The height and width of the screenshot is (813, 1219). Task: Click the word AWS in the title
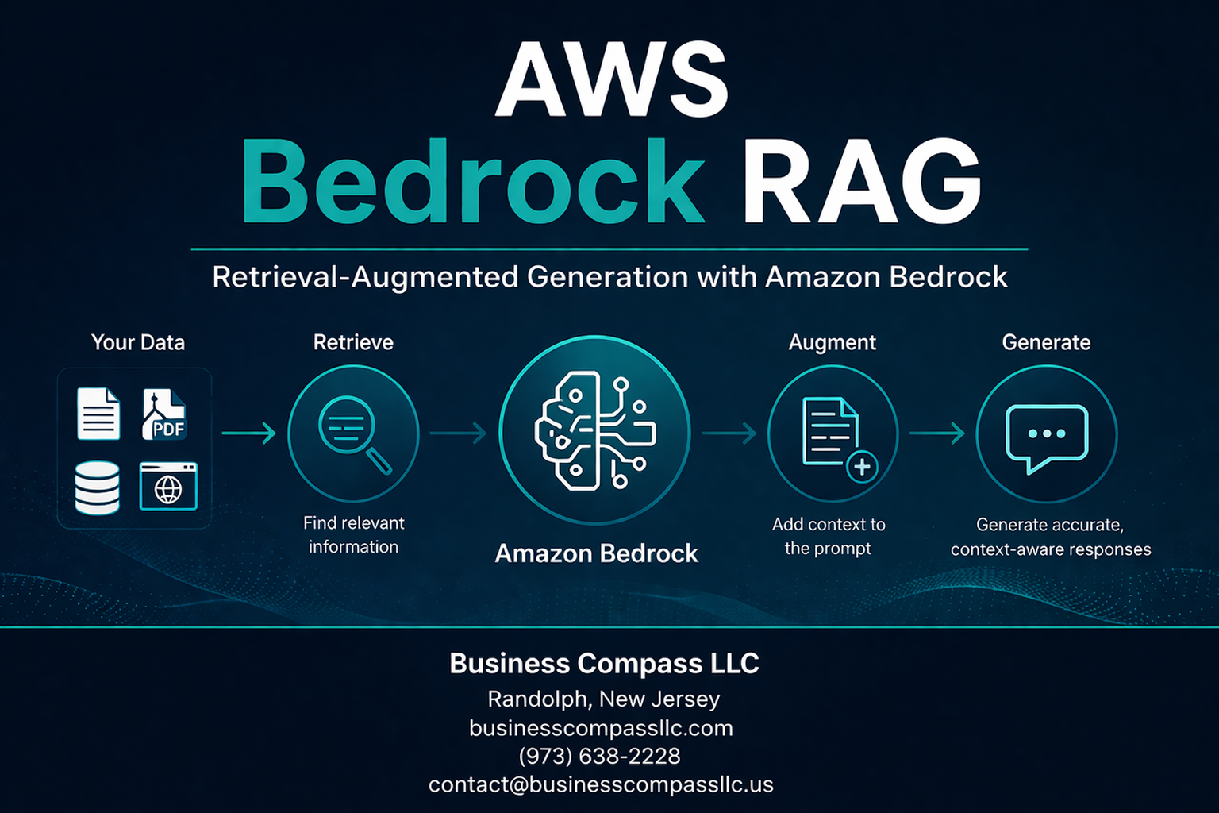pyautogui.click(x=611, y=79)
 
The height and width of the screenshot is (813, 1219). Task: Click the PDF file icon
pyautogui.click(x=164, y=414)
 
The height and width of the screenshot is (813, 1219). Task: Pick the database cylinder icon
pyautogui.click(x=98, y=487)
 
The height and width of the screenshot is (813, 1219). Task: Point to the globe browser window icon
pyautogui.click(x=168, y=487)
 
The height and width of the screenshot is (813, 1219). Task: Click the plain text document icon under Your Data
pyautogui.click(x=98, y=414)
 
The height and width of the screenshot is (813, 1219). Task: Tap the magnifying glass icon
pyautogui.click(x=353, y=433)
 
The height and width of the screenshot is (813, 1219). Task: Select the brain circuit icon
pyautogui.click(x=595, y=430)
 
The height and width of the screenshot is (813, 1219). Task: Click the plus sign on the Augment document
pyautogui.click(x=862, y=467)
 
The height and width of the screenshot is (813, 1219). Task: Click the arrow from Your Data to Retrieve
pyautogui.click(x=248, y=433)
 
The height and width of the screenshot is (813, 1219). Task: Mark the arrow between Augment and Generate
pyautogui.click(x=936, y=433)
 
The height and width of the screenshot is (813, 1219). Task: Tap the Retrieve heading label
pyautogui.click(x=353, y=342)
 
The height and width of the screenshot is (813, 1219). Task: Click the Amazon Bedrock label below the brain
pyautogui.click(x=596, y=553)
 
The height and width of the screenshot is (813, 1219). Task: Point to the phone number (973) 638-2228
pyautogui.click(x=600, y=756)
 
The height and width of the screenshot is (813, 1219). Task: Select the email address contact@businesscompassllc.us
pyautogui.click(x=601, y=784)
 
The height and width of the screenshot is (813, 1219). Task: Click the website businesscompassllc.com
pyautogui.click(x=601, y=728)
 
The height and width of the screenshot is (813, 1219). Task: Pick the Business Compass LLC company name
pyautogui.click(x=604, y=663)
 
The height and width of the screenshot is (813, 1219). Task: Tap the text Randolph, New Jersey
pyautogui.click(x=603, y=699)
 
